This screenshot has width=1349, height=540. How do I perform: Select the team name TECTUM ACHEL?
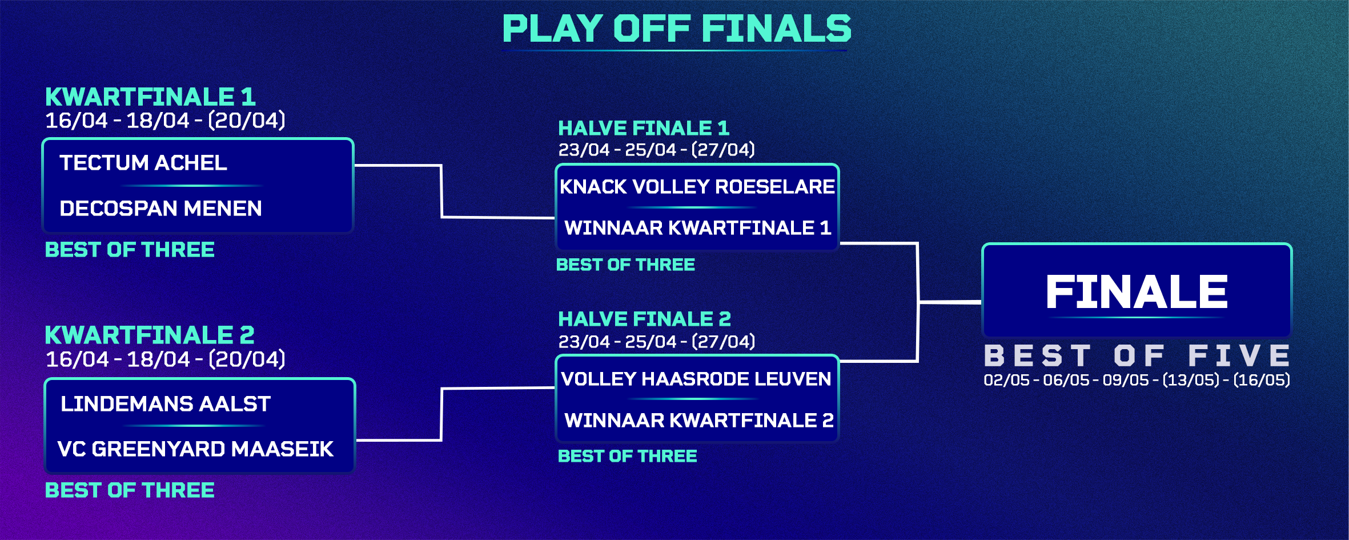pos(143,163)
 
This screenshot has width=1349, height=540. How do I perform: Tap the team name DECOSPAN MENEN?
pos(160,209)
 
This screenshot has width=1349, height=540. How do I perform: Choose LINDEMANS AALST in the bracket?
pos(166,404)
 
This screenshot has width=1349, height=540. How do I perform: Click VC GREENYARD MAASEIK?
pos(195,449)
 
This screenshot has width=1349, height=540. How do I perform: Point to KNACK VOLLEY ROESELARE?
pos(697,187)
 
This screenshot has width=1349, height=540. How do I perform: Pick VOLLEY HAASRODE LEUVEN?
pos(696,379)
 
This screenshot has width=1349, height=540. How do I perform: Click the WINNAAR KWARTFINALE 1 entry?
pos(697,228)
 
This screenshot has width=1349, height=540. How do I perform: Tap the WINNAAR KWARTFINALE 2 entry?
pos(699,421)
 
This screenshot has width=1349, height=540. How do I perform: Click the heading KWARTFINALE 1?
pos(150,97)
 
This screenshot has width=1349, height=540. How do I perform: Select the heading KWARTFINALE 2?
pos(150,335)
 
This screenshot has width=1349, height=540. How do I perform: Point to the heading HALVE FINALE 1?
pos(644,128)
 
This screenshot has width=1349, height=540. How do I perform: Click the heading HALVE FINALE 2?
pos(644,319)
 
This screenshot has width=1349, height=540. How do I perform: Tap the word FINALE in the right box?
pos(1137,292)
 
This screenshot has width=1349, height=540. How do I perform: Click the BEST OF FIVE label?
pos(1137,355)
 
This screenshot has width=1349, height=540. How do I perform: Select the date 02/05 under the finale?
pos(1006,380)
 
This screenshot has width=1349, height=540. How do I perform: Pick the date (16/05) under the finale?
pos(1262,380)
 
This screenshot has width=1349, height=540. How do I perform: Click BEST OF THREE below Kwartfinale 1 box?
pos(130,250)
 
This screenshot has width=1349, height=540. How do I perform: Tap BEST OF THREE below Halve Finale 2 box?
pos(627,456)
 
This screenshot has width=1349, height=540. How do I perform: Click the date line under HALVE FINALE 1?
pos(656,150)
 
